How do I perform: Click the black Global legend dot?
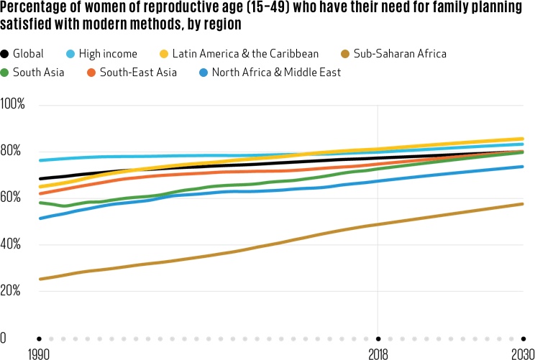(x=6, y=54)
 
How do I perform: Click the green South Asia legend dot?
(x=6, y=73)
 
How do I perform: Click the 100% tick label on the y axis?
(x=13, y=105)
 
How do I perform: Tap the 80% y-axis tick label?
(x=12, y=152)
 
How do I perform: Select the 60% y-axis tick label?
(x=12, y=198)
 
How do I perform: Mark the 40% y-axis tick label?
(x=12, y=245)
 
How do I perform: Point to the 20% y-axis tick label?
(x=12, y=292)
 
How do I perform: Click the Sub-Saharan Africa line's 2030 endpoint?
(x=522, y=204)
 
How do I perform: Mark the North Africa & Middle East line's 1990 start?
(x=40, y=218)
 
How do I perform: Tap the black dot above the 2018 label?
(x=378, y=338)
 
